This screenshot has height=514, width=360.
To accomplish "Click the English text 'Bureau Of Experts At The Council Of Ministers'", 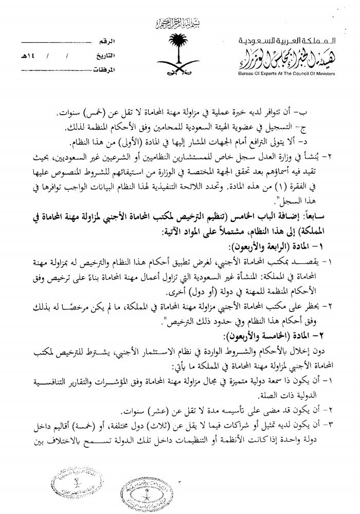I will click(x=294, y=74).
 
